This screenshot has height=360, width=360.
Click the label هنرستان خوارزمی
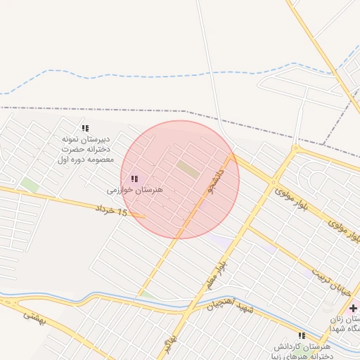pyautogui.click(x=135, y=190)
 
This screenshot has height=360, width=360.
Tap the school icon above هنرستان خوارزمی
pyautogui.click(x=134, y=179)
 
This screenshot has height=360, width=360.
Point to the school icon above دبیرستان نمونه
pyautogui.click(x=85, y=128)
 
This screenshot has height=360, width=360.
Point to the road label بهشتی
pyautogui.click(x=32, y=320)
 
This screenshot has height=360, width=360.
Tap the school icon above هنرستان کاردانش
pyautogui.click(x=302, y=336)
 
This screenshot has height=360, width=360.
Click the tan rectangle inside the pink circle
pyautogui.click(x=187, y=168)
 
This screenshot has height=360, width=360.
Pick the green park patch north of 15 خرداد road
pyautogui.click(x=29, y=185)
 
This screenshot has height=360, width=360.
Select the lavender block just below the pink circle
pyautogui.click(x=221, y=241)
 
